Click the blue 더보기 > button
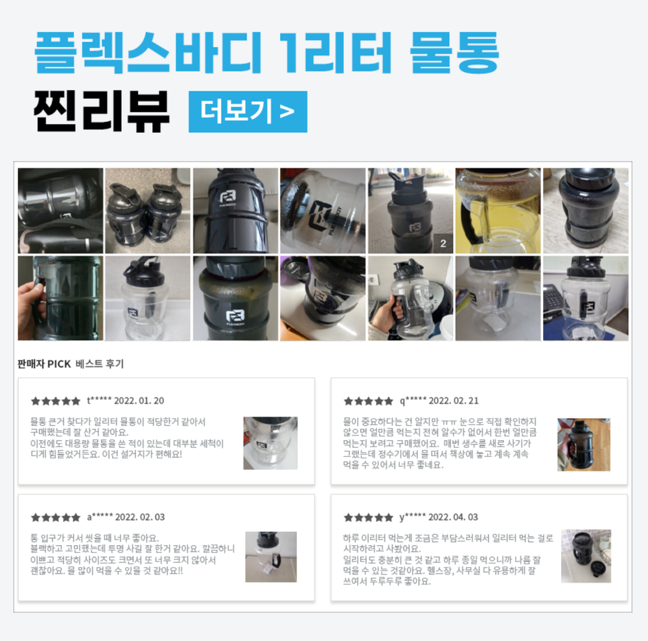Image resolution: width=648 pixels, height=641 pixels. coord(248,111)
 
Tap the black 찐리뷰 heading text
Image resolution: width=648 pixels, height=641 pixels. coord(102,111)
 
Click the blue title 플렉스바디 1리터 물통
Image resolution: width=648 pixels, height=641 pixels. coord(267,53)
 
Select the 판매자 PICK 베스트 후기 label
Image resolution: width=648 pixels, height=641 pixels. coord(71,364)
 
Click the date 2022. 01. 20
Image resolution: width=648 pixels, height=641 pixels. coord(139,401)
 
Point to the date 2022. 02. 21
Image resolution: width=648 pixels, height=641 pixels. coord(454,401)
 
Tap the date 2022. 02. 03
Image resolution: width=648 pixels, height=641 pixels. coord(140,517)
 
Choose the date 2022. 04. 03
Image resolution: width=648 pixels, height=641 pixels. coord(453,517)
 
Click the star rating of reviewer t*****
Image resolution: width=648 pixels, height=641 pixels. coord(56,401)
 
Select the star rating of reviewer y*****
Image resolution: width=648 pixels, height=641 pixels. coord(369,517)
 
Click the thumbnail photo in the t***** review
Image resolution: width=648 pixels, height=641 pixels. coord(270,443)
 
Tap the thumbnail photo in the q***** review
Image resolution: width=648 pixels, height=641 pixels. coord(584,444)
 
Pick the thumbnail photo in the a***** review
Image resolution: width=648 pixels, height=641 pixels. coord(271,557)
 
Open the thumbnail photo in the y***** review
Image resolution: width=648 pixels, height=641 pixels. coord(586,556)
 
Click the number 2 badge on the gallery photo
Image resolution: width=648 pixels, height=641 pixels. coord(443,244)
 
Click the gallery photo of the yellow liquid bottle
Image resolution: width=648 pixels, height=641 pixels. coord(498,211)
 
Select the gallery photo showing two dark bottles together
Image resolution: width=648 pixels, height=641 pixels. coord(148,211)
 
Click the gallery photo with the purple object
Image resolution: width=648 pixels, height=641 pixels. coord(323,298)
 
